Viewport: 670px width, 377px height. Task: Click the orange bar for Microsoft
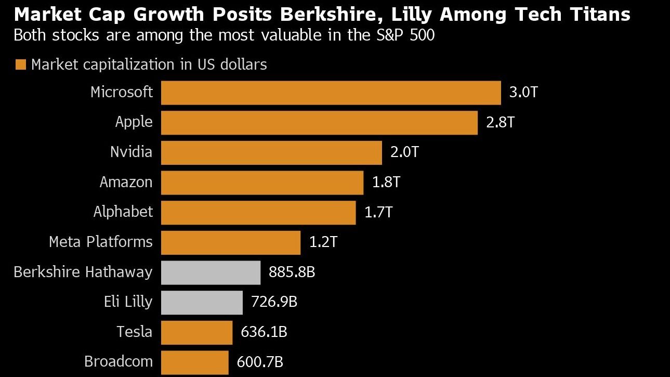pyautogui.click(x=331, y=93)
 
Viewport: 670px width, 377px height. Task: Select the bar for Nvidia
pyautogui.click(x=271, y=152)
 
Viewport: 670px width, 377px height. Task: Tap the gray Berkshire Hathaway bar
pyautogui.click(x=211, y=272)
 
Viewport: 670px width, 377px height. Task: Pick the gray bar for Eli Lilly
pyautogui.click(x=202, y=302)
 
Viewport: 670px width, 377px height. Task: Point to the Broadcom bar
pyautogui.click(x=194, y=362)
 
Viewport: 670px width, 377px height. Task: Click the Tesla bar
pyautogui.click(x=196, y=332)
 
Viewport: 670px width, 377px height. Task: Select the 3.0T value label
pyautogui.click(x=523, y=93)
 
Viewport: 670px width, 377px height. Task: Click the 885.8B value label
pyautogui.click(x=292, y=272)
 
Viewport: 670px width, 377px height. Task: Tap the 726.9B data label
pyautogui.click(x=274, y=302)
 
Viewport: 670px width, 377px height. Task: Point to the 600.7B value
pyautogui.click(x=260, y=362)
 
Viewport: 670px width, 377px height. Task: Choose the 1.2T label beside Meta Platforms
pyautogui.click(x=323, y=242)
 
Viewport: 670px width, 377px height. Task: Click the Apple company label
pyautogui.click(x=134, y=122)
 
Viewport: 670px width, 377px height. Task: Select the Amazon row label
pyautogui.click(x=126, y=183)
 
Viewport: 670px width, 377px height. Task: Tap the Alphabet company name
pyautogui.click(x=123, y=212)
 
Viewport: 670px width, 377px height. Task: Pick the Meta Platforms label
pyautogui.click(x=100, y=242)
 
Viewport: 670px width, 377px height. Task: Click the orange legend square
pyautogui.click(x=21, y=65)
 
